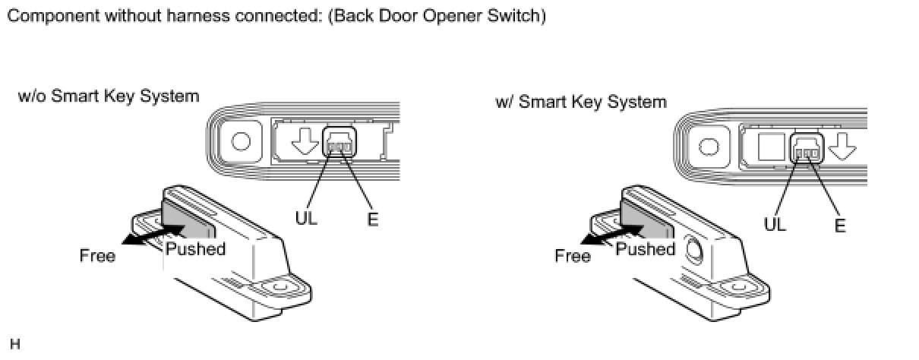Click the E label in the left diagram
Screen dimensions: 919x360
point(372,219)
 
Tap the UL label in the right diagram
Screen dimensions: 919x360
point(775,224)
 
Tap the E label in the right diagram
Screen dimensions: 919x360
point(840,226)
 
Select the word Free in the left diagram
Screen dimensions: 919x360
point(98,256)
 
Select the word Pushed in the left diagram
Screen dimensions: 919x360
point(196,249)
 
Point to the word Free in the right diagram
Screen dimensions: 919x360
point(573,256)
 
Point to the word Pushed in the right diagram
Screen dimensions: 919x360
point(646,249)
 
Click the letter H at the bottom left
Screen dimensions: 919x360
point(14,344)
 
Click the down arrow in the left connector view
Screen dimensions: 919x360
point(305,141)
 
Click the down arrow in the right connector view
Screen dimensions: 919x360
point(842,146)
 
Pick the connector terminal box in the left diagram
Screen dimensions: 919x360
point(339,142)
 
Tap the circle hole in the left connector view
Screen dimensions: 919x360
point(241,141)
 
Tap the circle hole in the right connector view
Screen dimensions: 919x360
point(709,147)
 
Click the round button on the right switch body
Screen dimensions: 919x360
point(693,250)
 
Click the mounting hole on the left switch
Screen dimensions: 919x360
point(280,286)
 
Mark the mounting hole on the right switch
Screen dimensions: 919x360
point(739,286)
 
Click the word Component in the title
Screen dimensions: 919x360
point(53,17)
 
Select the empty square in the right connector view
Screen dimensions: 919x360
point(772,147)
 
